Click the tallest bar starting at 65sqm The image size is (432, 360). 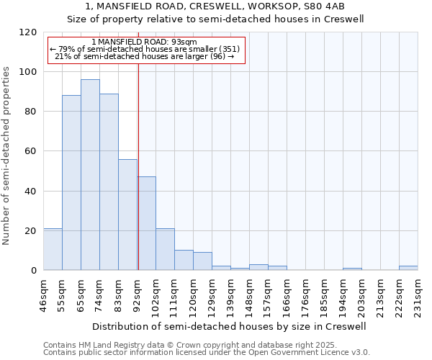coord(90,175)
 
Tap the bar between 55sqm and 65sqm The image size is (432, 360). coord(71,183)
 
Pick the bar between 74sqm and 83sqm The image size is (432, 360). coord(109,181)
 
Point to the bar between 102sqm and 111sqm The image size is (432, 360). coord(165,249)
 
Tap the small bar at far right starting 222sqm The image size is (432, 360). coord(408,268)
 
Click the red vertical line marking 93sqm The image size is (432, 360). coord(138,158)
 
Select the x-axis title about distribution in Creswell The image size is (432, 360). coord(230,326)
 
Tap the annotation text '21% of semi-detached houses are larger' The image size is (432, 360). coord(145,56)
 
